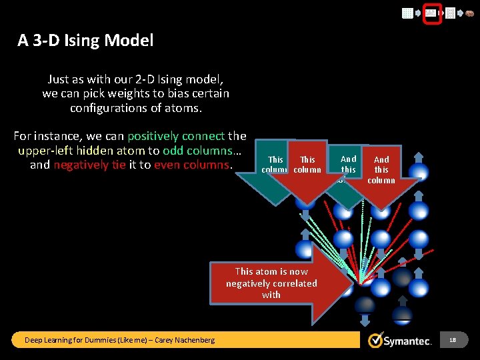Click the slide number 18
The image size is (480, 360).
tap(453, 340)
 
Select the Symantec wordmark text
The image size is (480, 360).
tap(409, 341)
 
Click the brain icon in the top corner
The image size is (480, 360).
tap(469, 13)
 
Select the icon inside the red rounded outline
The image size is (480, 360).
tap(431, 13)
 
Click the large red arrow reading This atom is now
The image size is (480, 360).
tap(272, 283)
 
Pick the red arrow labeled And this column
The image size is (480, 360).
tap(381, 170)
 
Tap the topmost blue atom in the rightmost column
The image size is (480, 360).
tap(419, 171)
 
